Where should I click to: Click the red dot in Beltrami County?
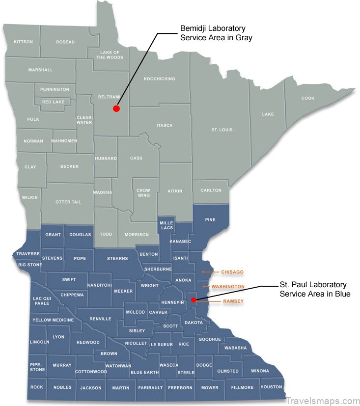point(116,108)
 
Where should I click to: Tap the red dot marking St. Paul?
point(194,299)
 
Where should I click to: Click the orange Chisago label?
point(232,272)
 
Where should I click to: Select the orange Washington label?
point(228,286)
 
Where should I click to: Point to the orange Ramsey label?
point(233,300)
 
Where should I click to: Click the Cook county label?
point(308,98)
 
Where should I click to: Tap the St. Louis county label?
point(222,130)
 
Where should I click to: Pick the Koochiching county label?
point(159,79)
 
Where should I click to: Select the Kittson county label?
point(23,42)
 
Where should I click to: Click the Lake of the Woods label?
point(108,54)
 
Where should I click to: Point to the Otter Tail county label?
point(68,202)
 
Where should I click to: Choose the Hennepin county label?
point(172,303)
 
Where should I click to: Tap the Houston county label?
point(271,387)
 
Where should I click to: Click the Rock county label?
point(37,387)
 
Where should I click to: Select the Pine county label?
point(210,219)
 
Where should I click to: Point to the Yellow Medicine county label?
point(53,320)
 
